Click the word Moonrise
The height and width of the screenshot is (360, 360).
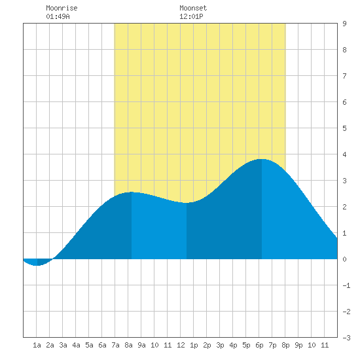(62, 8)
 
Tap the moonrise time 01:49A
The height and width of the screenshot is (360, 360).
(58, 16)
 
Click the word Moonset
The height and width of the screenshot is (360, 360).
(193, 8)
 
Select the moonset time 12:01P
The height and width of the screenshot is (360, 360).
(191, 16)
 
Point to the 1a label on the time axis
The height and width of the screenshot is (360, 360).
(37, 345)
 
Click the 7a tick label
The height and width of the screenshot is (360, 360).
(115, 345)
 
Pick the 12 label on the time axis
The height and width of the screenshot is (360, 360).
(181, 345)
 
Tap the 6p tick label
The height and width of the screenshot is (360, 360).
(259, 345)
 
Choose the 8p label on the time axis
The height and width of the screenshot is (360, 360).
(285, 345)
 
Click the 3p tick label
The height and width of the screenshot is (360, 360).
(220, 345)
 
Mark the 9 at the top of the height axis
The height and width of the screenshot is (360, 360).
(344, 24)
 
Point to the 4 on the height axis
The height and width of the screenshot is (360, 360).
(344, 154)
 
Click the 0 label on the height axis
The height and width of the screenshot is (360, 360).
(344, 259)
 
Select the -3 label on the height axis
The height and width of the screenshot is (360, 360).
(346, 338)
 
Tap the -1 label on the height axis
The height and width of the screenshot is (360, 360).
(346, 285)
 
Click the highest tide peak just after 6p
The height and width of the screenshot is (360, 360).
(262, 159)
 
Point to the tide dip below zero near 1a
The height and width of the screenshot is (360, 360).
(37, 265)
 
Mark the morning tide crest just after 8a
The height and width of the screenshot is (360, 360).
(132, 192)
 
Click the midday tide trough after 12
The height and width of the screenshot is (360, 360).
(186, 203)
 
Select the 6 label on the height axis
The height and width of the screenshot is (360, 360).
(344, 102)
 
